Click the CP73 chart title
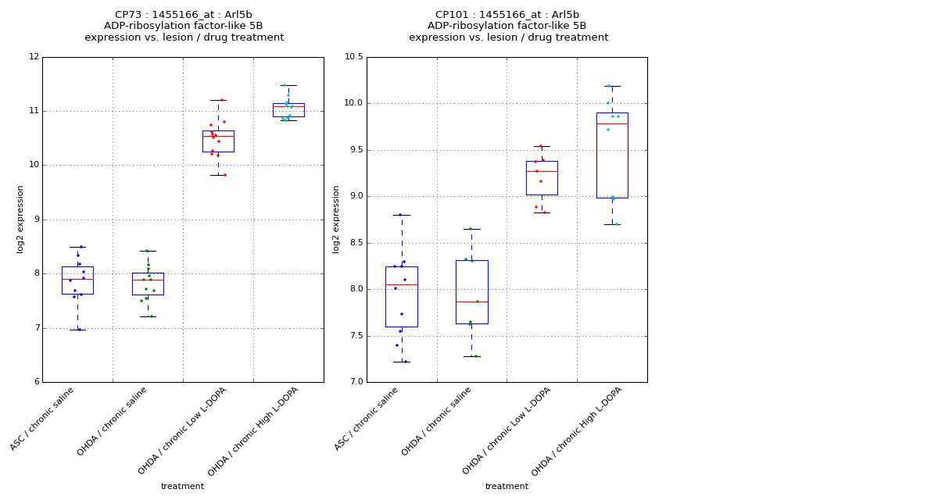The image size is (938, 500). point(184,26)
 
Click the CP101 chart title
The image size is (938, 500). point(507,26)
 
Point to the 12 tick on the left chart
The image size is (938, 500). point(34,57)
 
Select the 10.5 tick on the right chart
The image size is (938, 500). point(353,57)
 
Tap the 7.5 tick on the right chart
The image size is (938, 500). point(356,336)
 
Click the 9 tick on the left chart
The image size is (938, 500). point(36,220)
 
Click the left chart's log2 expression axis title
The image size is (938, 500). point(20,219)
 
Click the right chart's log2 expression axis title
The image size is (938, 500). point(337,219)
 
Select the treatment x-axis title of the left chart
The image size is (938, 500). point(182,487)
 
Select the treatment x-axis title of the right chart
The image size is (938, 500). point(507,487)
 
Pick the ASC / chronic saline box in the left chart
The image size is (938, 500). point(77,280)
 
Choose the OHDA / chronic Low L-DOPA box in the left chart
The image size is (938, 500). point(218,141)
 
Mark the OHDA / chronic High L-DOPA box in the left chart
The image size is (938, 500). point(288,110)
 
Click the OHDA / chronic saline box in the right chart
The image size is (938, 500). point(471,291)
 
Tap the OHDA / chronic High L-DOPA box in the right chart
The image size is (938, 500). point(612,155)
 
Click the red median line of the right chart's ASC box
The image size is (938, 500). point(401,284)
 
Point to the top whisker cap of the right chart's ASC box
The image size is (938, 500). point(401,215)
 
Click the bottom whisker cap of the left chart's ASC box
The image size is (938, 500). point(77,330)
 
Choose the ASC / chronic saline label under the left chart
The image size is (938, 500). point(43,419)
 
